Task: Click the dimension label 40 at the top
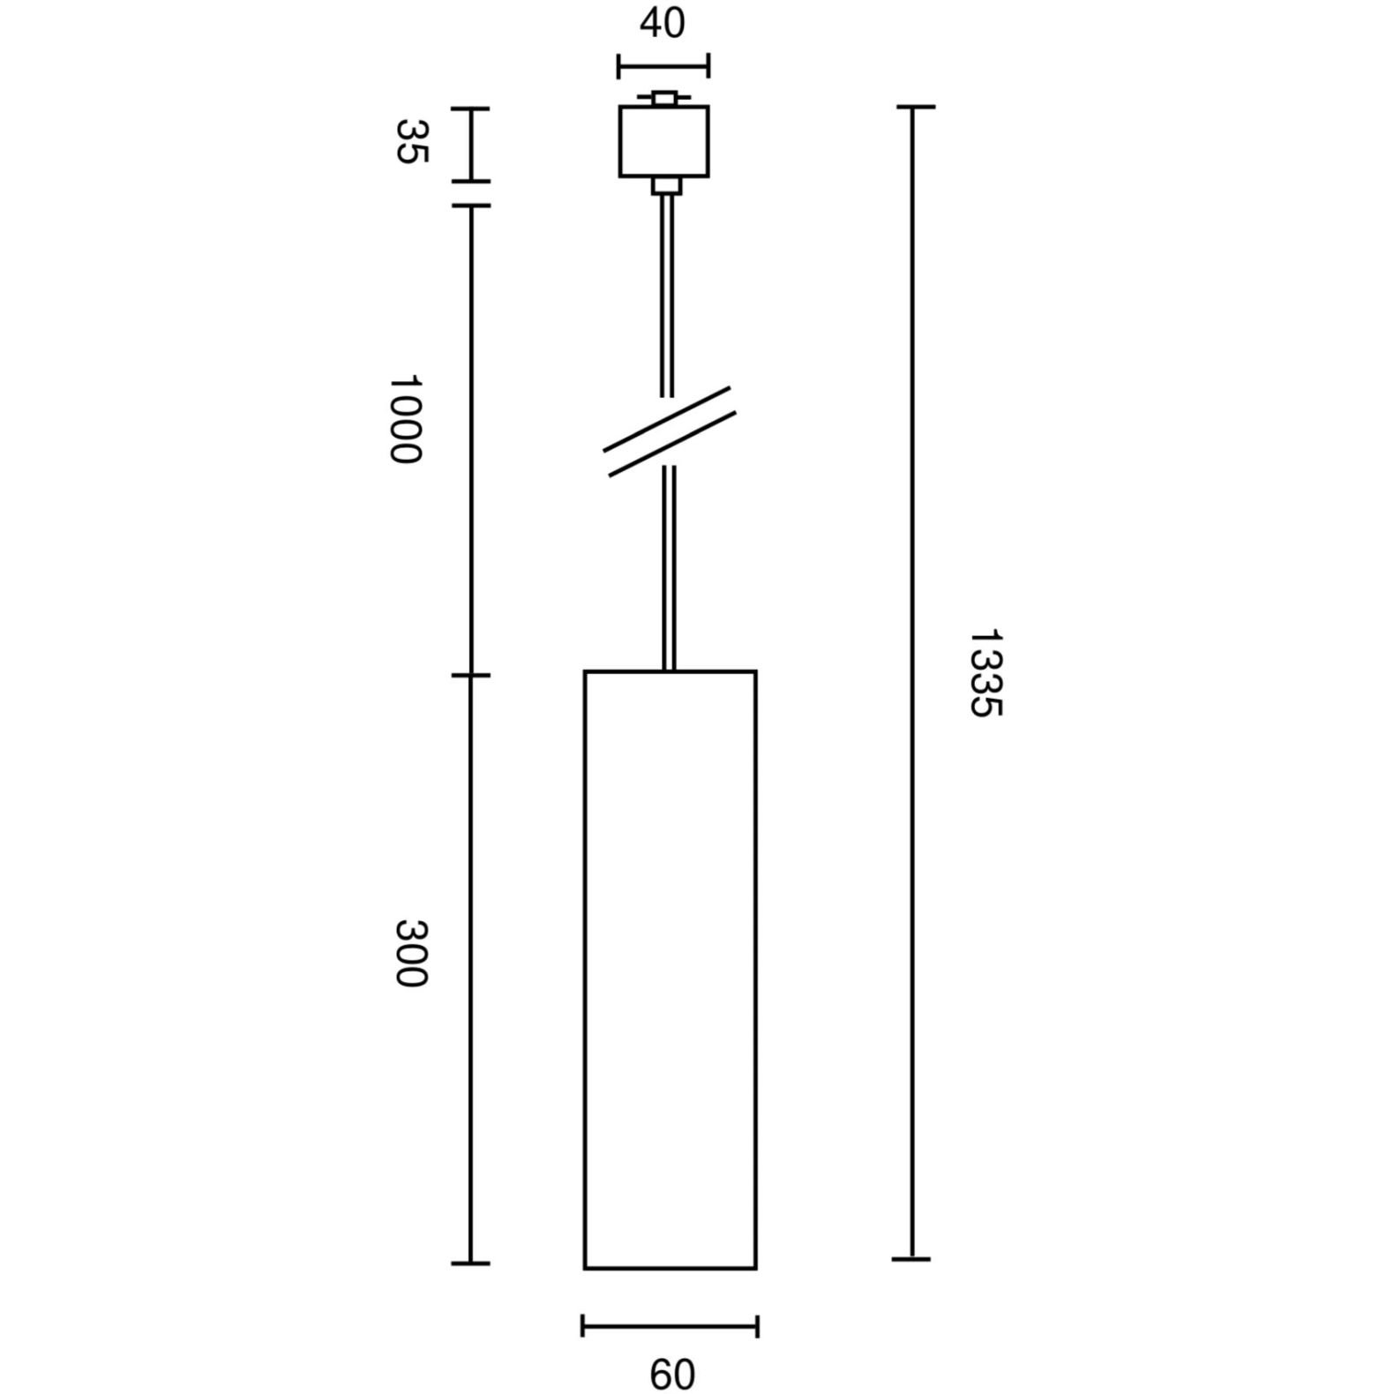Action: tap(662, 24)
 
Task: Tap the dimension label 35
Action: tap(410, 141)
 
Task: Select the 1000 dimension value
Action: tap(406, 419)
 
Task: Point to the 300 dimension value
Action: tap(410, 954)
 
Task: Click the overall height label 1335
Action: tap(986, 673)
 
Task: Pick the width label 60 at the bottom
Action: tap(672, 1375)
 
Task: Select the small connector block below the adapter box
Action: tap(667, 186)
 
